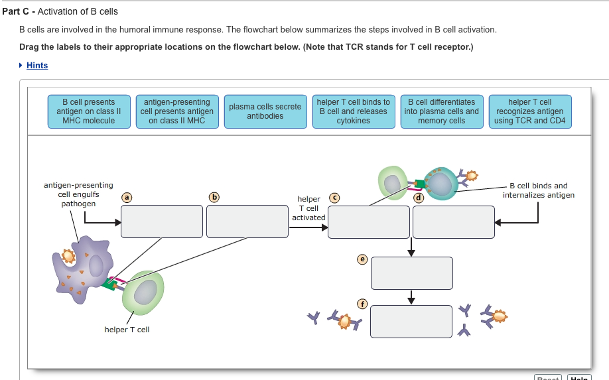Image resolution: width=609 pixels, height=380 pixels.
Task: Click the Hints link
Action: click(37, 65)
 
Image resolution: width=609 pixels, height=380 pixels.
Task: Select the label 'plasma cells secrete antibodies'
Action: click(265, 111)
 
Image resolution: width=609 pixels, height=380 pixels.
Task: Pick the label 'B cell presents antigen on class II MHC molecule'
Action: click(89, 111)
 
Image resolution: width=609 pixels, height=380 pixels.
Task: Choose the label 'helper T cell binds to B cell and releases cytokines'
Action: click(353, 111)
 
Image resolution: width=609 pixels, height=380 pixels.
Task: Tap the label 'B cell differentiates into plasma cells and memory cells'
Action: click(441, 111)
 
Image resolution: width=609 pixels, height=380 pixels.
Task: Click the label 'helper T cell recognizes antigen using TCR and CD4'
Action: click(529, 111)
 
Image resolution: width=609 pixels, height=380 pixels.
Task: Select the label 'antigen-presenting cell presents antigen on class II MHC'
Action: click(177, 111)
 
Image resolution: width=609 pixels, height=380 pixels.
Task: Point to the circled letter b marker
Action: click(213, 196)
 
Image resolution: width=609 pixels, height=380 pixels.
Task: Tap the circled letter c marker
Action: click(334, 196)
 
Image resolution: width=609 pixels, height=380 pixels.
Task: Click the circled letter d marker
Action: click(418, 198)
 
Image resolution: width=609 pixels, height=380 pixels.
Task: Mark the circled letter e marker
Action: click(362, 259)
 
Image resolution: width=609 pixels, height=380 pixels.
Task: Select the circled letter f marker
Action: click(362, 304)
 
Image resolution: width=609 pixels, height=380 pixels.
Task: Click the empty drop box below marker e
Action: click(411, 273)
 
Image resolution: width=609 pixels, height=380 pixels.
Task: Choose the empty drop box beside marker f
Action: click(411, 322)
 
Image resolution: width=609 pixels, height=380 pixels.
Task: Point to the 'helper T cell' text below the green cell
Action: click(127, 330)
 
